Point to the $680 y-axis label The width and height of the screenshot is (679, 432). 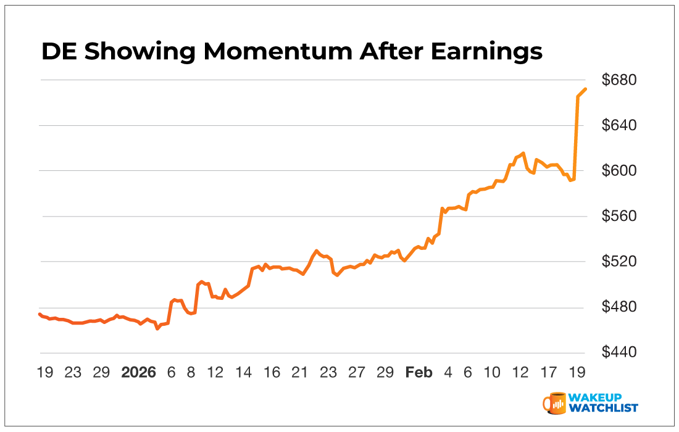point(619,80)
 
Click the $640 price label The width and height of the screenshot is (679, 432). point(619,126)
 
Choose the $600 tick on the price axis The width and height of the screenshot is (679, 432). point(619,171)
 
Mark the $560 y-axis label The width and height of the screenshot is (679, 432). point(619,217)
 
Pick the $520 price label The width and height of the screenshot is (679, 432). point(619,262)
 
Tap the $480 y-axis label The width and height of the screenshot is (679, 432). point(619,307)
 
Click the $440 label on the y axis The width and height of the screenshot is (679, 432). point(619,353)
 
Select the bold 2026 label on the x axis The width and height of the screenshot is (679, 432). point(139,373)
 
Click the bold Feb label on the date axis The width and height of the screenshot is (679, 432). point(419,373)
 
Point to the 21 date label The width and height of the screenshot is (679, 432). point(299,373)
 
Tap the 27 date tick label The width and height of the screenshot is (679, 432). point(357,373)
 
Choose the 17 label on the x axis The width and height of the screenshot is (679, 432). point(548,373)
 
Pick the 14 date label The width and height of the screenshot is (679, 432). point(244,373)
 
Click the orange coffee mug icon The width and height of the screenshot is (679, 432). point(554,402)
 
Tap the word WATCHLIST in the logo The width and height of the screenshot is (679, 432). point(605,408)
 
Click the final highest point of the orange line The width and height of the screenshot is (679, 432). point(585,89)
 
